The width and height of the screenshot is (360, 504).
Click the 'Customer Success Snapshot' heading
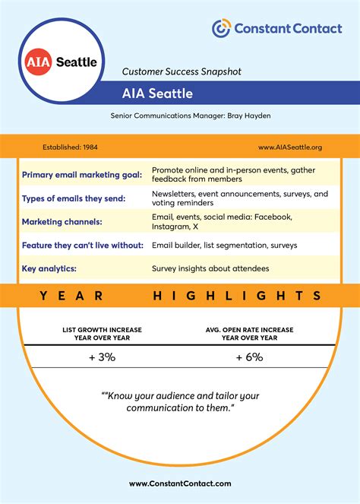tap(182, 71)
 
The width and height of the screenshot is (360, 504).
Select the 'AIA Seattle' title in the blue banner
tap(157, 94)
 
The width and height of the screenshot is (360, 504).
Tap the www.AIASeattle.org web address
tap(290, 147)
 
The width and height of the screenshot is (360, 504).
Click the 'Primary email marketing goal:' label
tap(82, 175)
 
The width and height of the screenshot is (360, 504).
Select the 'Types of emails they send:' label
tap(74, 199)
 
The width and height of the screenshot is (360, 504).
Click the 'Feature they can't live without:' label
tap(82, 246)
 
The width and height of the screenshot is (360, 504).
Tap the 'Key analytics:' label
tap(50, 269)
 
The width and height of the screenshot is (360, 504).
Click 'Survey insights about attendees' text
tap(210, 269)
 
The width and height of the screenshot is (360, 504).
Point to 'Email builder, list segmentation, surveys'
tap(224, 246)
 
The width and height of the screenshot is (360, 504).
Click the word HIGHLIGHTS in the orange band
tap(238, 295)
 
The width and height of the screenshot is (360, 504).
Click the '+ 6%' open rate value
tap(248, 357)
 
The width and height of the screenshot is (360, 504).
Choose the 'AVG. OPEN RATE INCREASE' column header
tap(248, 330)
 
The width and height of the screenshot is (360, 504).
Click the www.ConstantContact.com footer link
tap(180, 483)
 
